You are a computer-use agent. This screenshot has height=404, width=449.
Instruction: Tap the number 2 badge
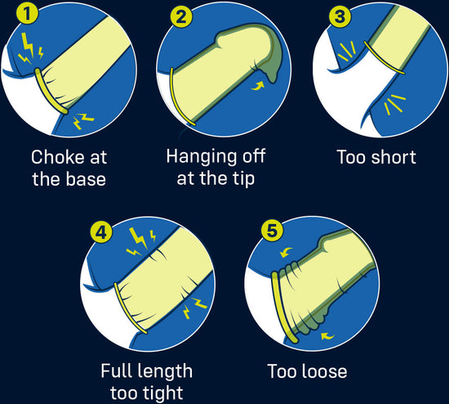[x=181, y=16]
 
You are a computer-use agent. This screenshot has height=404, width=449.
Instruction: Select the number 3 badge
[x=340, y=16]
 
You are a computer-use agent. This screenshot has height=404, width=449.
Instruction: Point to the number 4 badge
[x=101, y=232]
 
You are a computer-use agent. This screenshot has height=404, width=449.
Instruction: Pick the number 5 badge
[x=272, y=231]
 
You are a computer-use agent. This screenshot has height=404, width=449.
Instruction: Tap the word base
[x=86, y=179]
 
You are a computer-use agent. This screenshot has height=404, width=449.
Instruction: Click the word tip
[x=243, y=179]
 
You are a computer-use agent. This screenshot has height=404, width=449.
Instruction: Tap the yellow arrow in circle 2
[x=257, y=86]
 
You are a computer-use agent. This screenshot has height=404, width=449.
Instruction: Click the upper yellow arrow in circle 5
[x=286, y=252]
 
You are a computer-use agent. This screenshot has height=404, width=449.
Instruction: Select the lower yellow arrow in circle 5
[x=328, y=335]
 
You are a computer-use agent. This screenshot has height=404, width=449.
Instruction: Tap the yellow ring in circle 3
[x=384, y=58]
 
